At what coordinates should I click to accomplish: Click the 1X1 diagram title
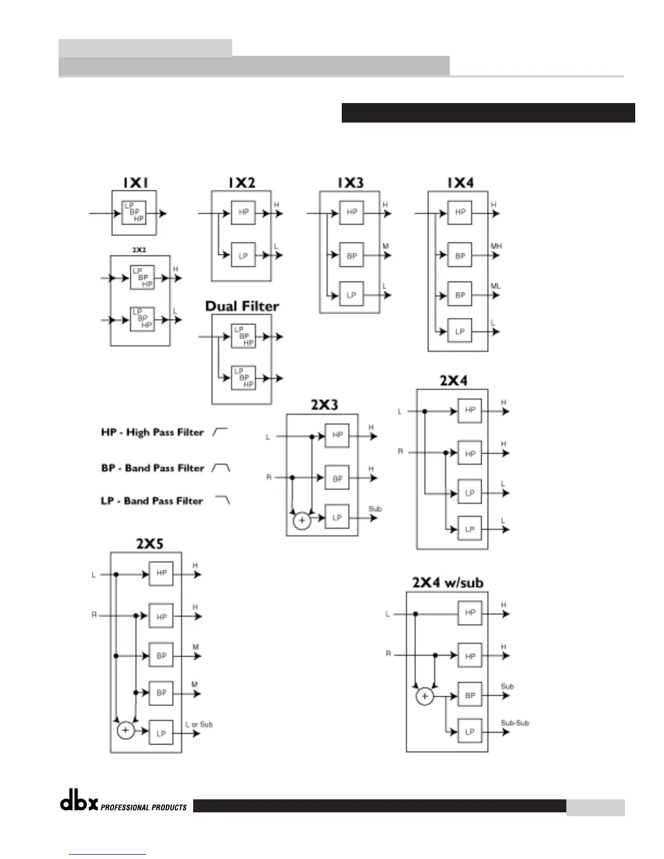tap(135, 183)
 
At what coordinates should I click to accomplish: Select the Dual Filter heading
tap(242, 306)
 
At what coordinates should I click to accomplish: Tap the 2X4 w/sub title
tap(448, 583)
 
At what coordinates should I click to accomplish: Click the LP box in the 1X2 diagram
tap(243, 255)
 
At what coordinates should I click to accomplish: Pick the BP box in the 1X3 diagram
tap(352, 255)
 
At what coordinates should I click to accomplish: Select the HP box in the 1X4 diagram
tap(460, 212)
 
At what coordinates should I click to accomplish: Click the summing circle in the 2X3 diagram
tap(302, 521)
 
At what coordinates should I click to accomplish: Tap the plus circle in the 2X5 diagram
tap(125, 730)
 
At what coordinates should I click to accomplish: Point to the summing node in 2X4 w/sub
tap(425, 696)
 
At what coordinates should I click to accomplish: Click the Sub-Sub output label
tap(515, 723)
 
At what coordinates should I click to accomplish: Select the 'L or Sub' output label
tap(199, 725)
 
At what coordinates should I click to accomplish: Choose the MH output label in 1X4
tap(496, 246)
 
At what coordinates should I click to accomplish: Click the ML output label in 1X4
tap(496, 286)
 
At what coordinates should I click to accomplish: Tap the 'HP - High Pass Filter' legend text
tap(152, 432)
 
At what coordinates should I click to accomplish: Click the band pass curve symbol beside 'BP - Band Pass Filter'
tap(221, 467)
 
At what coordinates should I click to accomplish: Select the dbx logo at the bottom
tap(79, 803)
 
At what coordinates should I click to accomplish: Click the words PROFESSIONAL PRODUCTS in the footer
tap(144, 807)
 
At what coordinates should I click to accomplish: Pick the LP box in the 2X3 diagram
tap(337, 517)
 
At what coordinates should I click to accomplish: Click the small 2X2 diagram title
tap(139, 250)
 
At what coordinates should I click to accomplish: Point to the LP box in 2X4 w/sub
tap(470, 732)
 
